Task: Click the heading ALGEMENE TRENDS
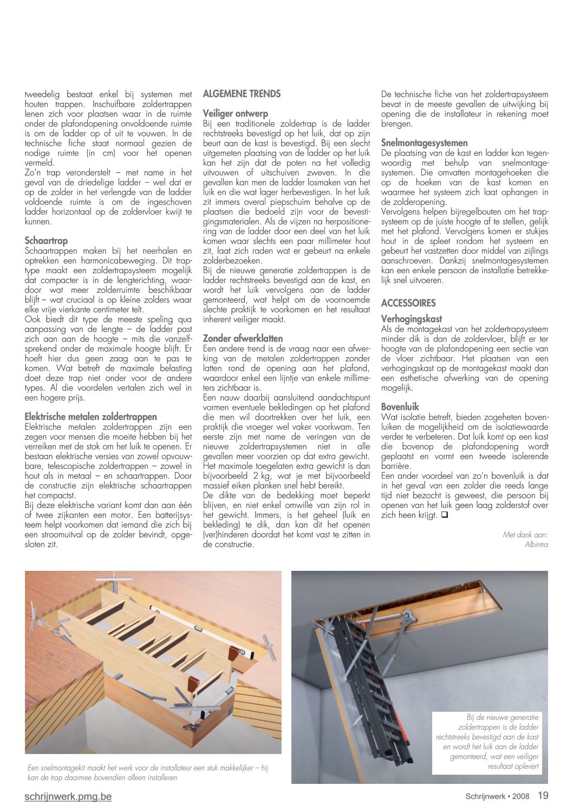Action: coord(242,94)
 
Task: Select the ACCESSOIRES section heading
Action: coord(408,303)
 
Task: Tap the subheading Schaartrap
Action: coord(47,241)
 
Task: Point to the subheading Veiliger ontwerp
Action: coord(236,114)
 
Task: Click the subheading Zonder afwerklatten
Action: coord(243,339)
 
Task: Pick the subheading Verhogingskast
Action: coord(412,319)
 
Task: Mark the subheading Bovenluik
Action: coord(400,407)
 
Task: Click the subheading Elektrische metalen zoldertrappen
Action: coord(91,417)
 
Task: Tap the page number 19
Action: coord(543,796)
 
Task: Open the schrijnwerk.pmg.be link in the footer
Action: coord(68,796)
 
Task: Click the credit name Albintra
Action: coord(536,544)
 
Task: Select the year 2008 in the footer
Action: coord(521,796)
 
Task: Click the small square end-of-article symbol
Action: coord(444,515)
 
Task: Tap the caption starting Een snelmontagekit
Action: coord(147,773)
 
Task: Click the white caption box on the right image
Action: coord(487,742)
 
